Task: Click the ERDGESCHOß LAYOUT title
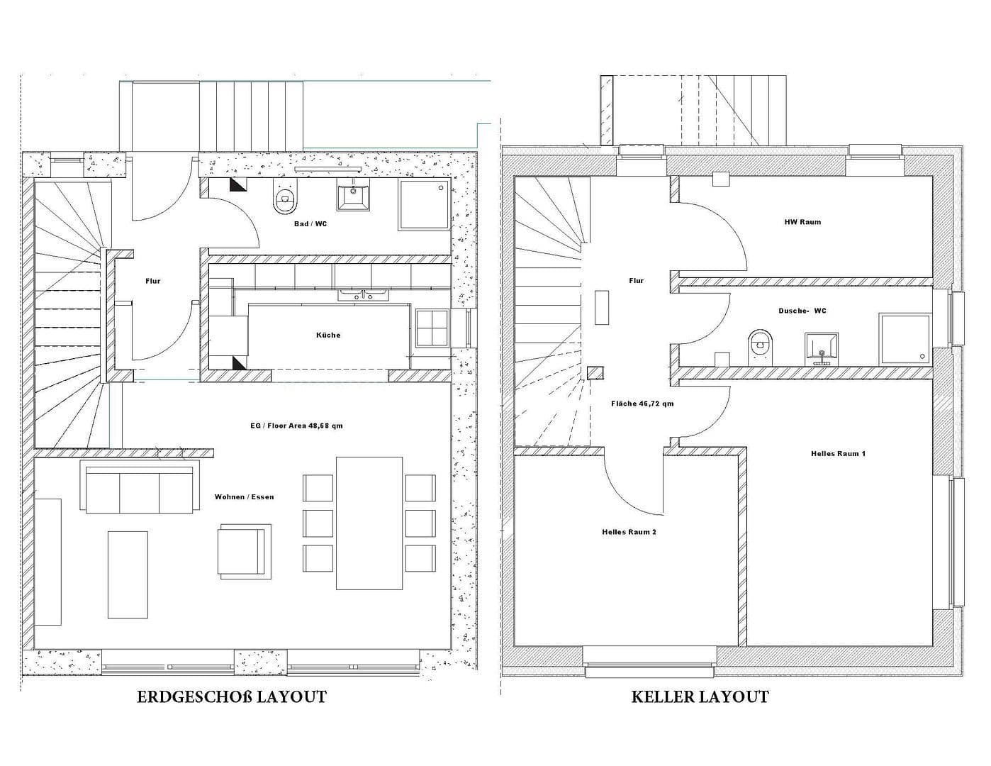231,697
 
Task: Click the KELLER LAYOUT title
700,697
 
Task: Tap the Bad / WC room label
310,224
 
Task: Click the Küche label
328,335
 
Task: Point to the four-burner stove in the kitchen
432,328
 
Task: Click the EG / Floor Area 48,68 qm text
296,426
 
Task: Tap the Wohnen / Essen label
244,497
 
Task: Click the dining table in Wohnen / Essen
369,523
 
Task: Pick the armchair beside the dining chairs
244,550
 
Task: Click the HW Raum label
802,222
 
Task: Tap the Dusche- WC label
802,311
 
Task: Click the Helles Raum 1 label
838,453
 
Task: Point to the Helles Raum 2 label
629,532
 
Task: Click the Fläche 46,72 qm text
642,404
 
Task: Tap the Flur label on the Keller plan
636,281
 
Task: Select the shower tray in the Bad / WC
424,205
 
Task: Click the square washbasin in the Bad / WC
352,196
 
